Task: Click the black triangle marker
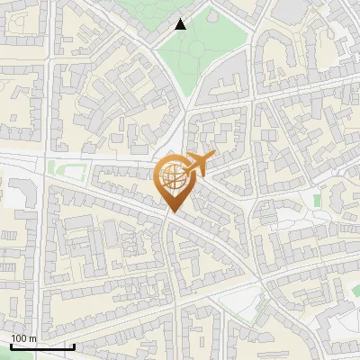pyautogui.click(x=181, y=24)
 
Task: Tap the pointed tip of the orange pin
pyautogui.click(x=173, y=212)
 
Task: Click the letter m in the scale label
pyautogui.click(x=33, y=338)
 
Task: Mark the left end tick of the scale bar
pyautogui.click(x=11, y=345)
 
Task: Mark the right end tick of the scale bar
pyautogui.click(x=74, y=345)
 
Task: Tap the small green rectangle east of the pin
pyautogui.click(x=317, y=200)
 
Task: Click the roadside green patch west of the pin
pyautogui.click(x=63, y=169)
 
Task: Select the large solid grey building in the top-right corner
pyautogui.click(x=290, y=9)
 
